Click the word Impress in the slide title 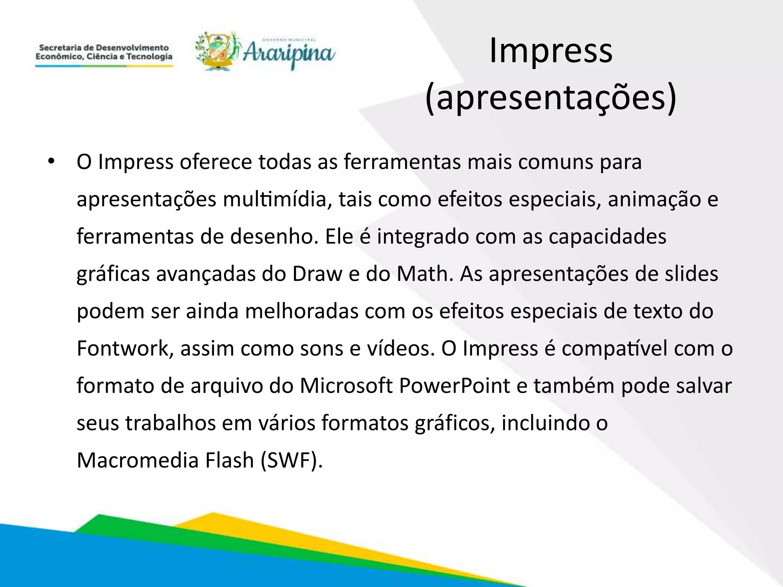(551, 51)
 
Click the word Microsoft (346, 386)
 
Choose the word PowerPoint (455, 386)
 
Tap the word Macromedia (138, 460)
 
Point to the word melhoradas (302, 311)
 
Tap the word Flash (229, 460)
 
